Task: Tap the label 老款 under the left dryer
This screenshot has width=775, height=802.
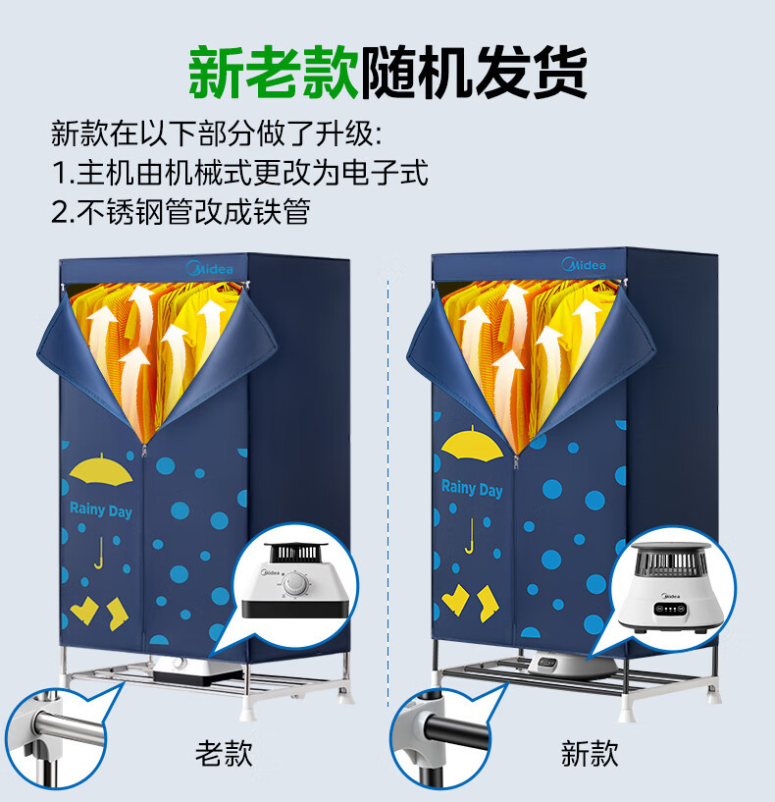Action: (x=224, y=753)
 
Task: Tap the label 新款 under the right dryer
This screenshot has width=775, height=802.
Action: (x=590, y=753)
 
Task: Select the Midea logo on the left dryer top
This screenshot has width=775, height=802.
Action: (x=209, y=266)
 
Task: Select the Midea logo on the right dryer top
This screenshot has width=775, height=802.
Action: (x=584, y=264)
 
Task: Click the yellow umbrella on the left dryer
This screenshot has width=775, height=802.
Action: (x=103, y=469)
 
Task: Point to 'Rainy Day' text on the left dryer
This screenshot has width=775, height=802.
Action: (x=100, y=510)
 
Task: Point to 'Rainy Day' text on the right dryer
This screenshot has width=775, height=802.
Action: (x=471, y=488)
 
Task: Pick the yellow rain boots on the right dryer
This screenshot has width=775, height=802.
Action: (x=470, y=598)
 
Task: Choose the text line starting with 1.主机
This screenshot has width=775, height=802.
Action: (x=240, y=173)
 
